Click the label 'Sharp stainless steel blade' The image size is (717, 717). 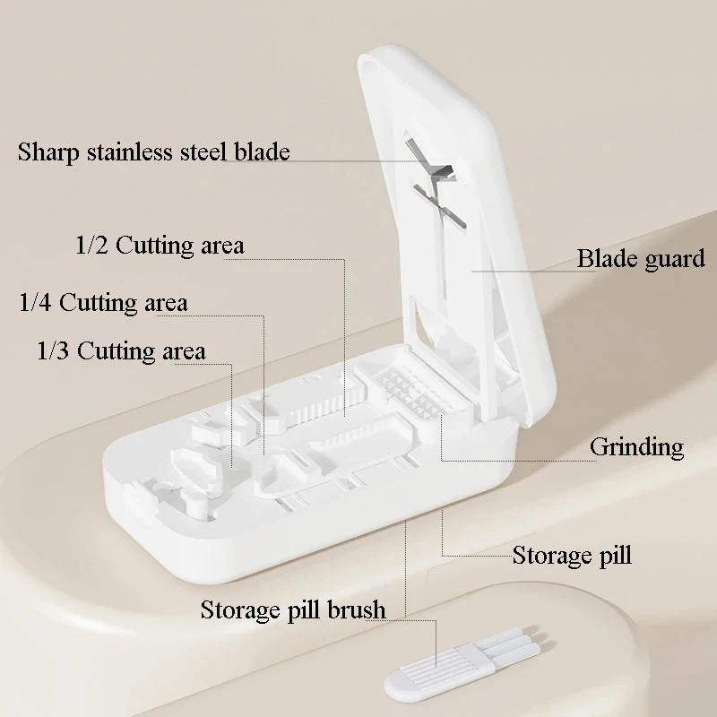tap(153, 151)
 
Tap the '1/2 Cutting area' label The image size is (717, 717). tap(160, 245)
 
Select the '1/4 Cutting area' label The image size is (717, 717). tap(103, 303)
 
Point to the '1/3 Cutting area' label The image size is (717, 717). tap(121, 350)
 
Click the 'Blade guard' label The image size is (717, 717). tap(640, 260)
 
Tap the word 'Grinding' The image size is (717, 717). tap(636, 446)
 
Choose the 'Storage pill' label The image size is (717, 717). tap(572, 555)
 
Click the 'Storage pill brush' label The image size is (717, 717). tap(292, 610)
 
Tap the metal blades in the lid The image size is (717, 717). tap(436, 183)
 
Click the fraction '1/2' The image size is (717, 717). tap(92, 245)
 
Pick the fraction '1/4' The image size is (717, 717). tap(36, 303)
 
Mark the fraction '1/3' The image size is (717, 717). tap(53, 350)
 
